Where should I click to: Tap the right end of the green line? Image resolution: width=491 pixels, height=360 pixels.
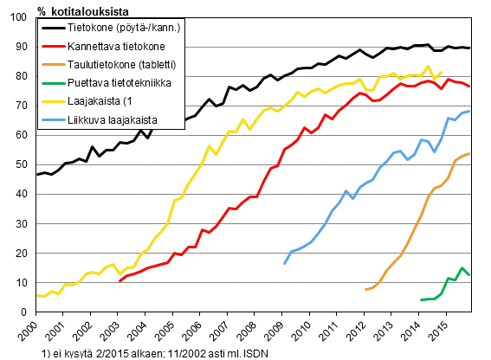[x=469, y=275]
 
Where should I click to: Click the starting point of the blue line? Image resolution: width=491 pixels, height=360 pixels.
[x=285, y=263]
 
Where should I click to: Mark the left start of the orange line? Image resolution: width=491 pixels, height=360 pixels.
[x=365, y=289]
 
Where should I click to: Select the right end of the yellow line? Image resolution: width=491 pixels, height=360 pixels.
[x=443, y=73]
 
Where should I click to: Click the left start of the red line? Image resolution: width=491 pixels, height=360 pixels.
[x=120, y=281]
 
